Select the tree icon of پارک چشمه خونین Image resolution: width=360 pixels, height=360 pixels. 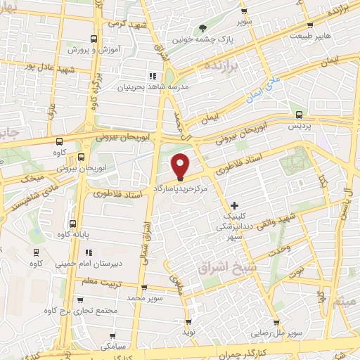[x=203, y=28]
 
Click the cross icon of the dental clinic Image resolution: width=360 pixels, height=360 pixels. [x=235, y=205]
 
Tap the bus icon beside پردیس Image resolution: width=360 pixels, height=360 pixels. [x=300, y=115]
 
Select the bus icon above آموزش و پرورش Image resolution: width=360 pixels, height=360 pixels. [x=94, y=39]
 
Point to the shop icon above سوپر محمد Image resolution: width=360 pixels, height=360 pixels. [x=144, y=288]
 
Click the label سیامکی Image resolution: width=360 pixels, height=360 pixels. [x=112, y=347]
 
